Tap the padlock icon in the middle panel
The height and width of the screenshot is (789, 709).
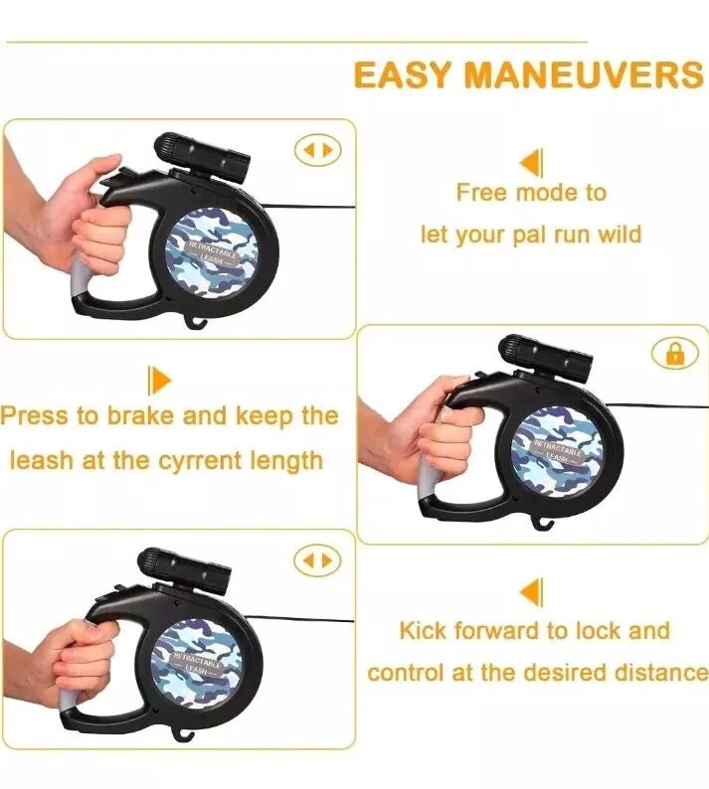(x=675, y=353)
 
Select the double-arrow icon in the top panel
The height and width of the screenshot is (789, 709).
(x=318, y=150)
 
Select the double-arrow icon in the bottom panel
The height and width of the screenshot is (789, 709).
(x=318, y=560)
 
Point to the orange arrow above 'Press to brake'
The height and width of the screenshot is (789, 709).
(x=160, y=381)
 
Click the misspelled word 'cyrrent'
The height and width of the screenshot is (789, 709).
(x=200, y=461)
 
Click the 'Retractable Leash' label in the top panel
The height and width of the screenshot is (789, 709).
(x=212, y=251)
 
